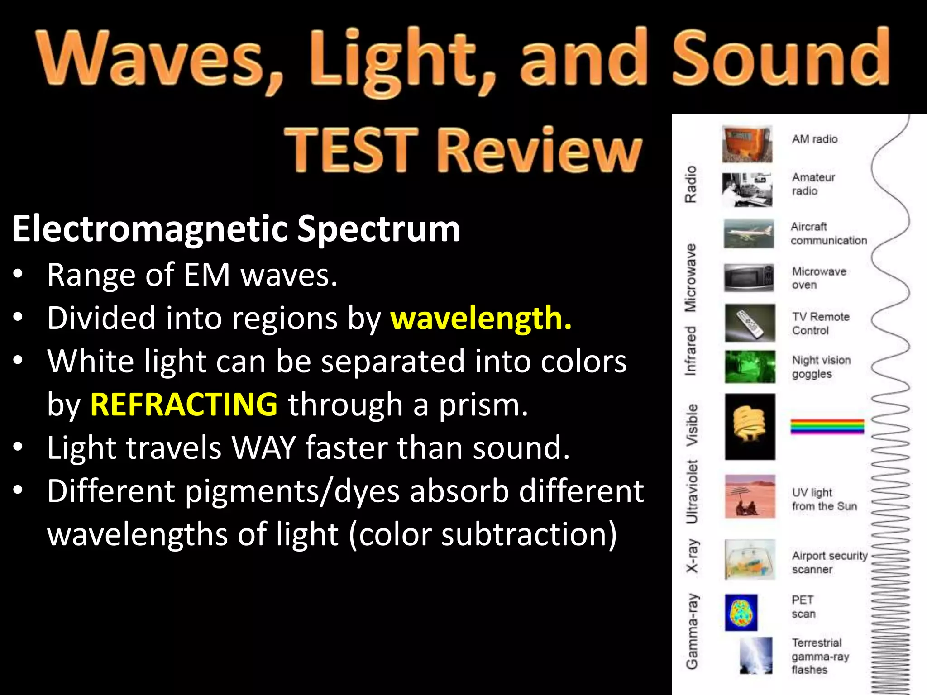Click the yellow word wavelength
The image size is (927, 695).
point(481,318)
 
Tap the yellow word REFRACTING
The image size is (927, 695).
point(184,404)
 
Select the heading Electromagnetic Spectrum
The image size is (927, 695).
point(236,228)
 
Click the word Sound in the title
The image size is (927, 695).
point(781,59)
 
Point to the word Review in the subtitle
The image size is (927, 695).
point(539,150)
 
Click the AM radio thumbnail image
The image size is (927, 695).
point(747,144)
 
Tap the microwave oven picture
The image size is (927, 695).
point(749,277)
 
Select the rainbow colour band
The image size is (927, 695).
point(827,426)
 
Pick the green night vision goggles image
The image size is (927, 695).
point(750,367)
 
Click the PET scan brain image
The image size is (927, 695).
point(741,613)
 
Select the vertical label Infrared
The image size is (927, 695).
point(690,351)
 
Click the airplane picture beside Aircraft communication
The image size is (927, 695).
point(749,233)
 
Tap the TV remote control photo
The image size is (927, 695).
point(750,323)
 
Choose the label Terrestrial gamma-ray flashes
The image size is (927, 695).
point(819,656)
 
